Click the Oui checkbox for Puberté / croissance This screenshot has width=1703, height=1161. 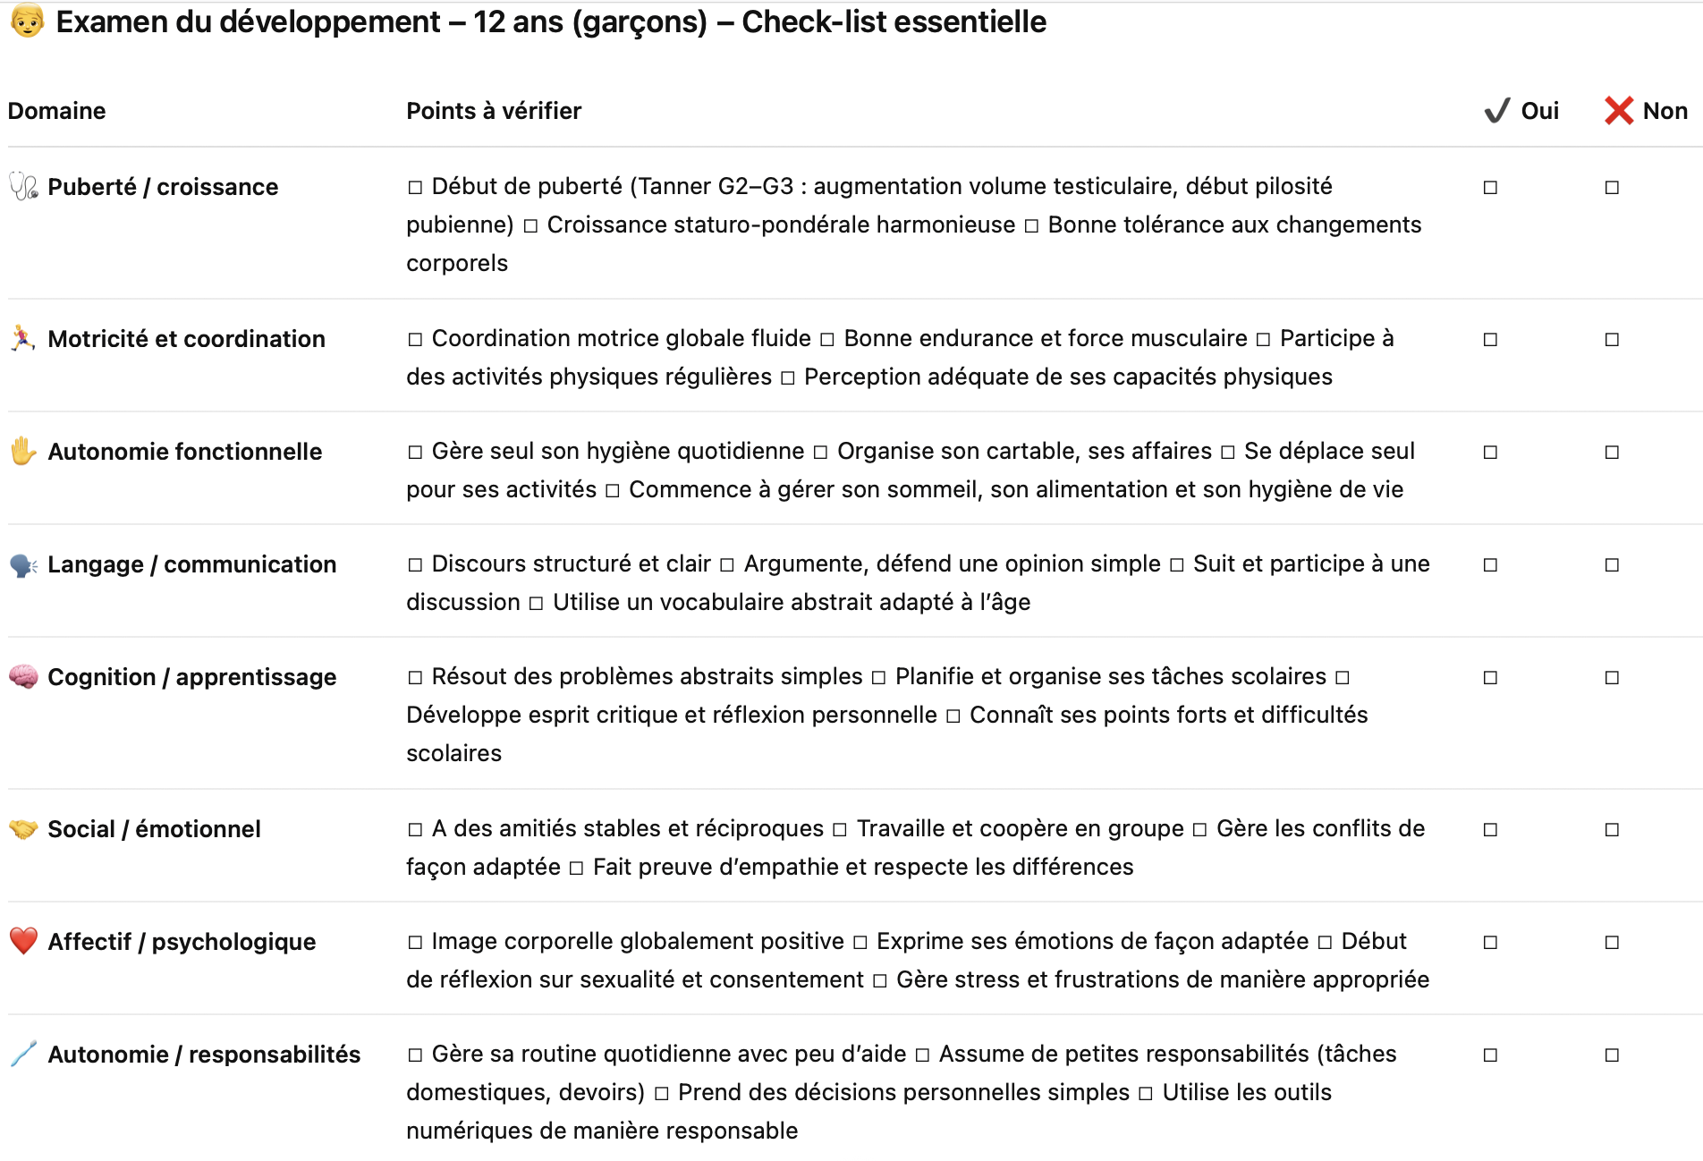point(1490,188)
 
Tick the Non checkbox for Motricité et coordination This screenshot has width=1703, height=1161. point(1612,340)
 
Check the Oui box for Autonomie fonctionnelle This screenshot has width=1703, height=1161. point(1490,453)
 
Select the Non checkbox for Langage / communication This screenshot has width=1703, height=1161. point(1612,565)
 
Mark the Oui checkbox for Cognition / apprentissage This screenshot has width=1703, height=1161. point(1490,678)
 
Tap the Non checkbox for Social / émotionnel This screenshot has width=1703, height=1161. point(1612,830)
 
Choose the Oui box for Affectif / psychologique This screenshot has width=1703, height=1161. point(1490,943)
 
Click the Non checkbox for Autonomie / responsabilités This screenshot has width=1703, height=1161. point(1612,1055)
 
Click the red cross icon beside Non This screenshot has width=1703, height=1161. point(1619,111)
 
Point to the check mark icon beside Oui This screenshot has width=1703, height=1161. point(1497,111)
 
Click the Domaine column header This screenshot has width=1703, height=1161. point(56,111)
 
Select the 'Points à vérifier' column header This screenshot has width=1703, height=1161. point(494,111)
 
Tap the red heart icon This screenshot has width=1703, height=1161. point(23,941)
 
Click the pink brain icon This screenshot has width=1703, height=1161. point(23,676)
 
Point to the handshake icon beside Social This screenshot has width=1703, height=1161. point(23,829)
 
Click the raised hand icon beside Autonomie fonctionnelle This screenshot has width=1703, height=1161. point(23,451)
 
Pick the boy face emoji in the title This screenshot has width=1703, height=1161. point(27,21)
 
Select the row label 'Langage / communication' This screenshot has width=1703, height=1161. point(191,564)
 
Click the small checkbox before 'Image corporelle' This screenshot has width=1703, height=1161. point(415,943)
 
